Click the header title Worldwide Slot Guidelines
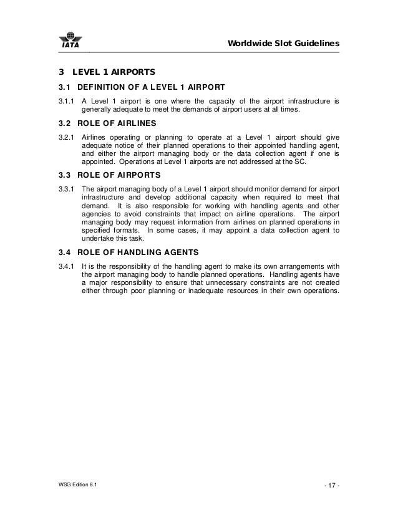(283, 44)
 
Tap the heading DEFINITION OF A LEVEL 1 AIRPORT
(153, 87)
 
